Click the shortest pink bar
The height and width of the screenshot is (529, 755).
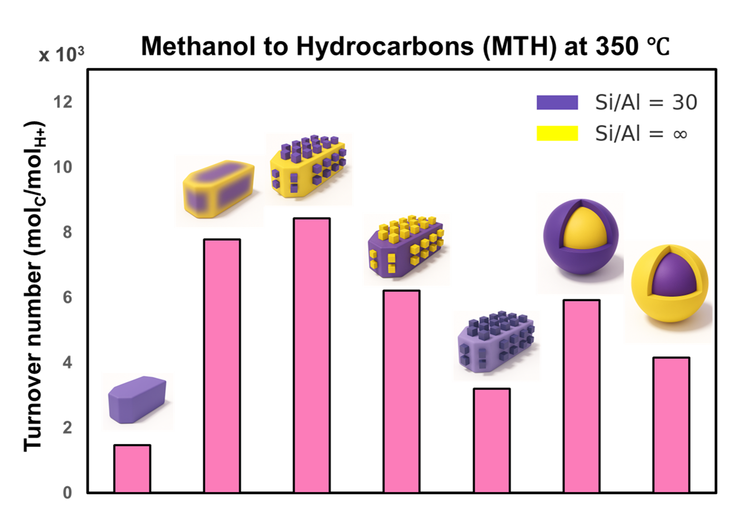coord(132,468)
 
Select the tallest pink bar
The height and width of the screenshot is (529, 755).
coord(312,355)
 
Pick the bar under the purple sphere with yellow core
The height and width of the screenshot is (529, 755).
coord(581,396)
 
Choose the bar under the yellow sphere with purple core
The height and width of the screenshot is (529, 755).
coord(671,425)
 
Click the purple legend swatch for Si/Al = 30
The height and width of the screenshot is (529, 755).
coord(557,102)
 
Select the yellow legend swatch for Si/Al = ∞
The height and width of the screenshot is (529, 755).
coord(557,133)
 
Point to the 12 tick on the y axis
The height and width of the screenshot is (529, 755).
coord(63,102)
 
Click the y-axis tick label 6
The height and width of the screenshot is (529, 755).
coord(67,298)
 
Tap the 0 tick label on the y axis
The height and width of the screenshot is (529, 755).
coord(67,493)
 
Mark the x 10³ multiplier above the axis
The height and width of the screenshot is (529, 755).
coord(61,54)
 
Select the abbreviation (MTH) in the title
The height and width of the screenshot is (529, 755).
coord(520,46)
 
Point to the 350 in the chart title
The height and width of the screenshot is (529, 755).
coord(617,46)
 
